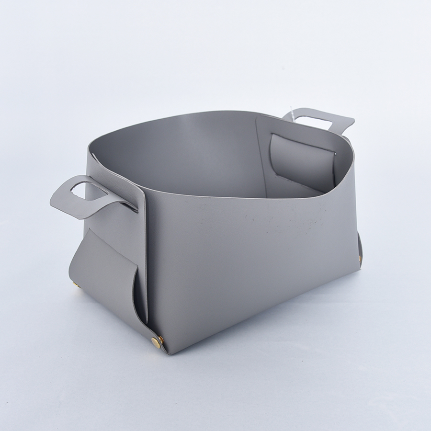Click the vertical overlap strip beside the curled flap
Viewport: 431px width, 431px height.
[x=144, y=249]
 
